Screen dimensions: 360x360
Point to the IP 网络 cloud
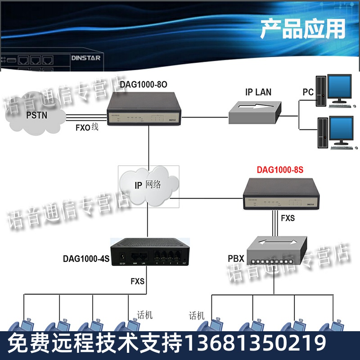pyautogui.click(x=148, y=185)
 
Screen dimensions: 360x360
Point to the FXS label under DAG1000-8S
pyautogui.click(x=288, y=218)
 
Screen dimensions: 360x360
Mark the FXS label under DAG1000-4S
pyautogui.click(x=137, y=282)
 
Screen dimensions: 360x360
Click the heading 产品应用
pyautogui.click(x=302, y=29)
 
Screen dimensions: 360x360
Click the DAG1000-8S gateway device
pyautogui.click(x=281, y=193)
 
